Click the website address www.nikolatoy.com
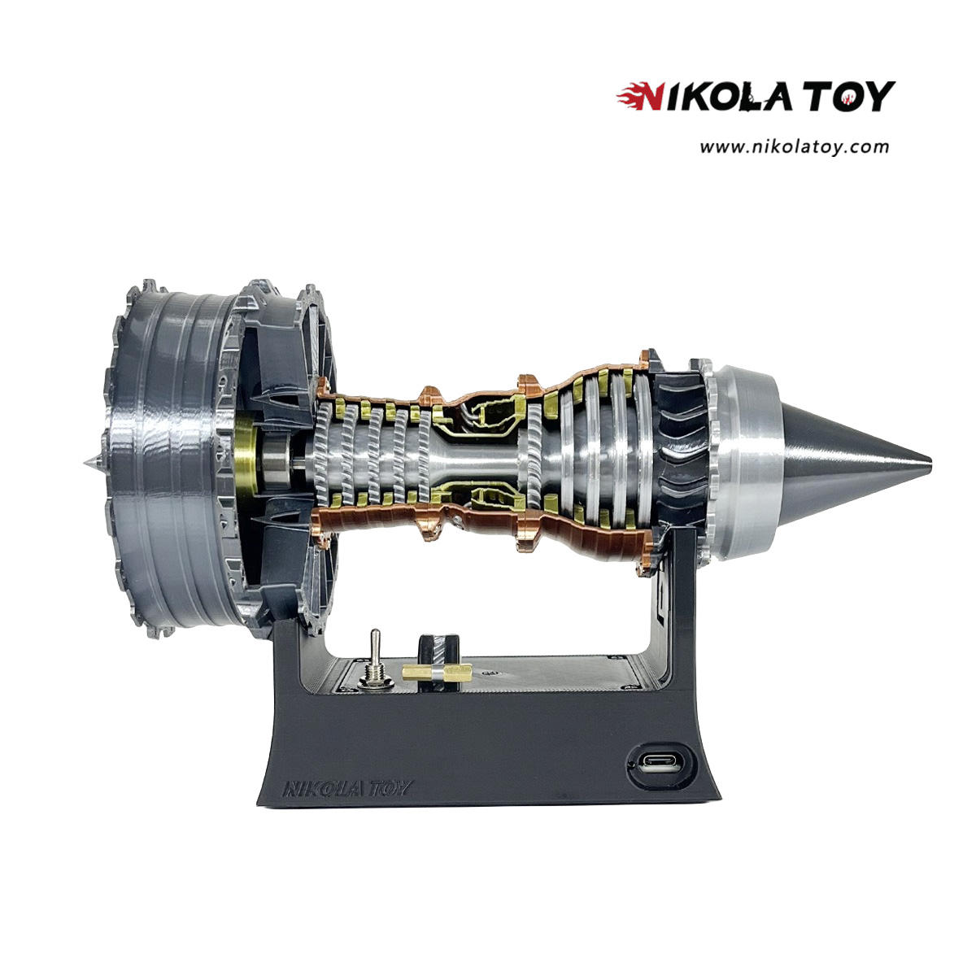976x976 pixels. (x=794, y=147)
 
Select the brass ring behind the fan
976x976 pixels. (x=246, y=461)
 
